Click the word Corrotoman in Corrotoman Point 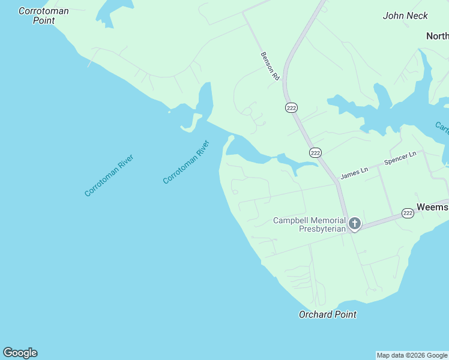point(43,11)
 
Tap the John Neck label point(405,16)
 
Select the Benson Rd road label point(270,66)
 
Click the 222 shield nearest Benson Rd point(291,107)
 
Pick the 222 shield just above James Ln point(315,152)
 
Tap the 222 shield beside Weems point(408,213)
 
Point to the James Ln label point(354,175)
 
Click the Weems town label point(432,207)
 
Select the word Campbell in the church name point(294,220)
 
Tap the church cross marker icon point(354,224)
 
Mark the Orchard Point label point(327,314)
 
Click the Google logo point(20,353)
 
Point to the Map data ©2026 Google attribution point(412,355)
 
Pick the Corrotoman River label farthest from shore point(109,175)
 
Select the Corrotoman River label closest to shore point(186,162)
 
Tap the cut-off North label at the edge point(437,36)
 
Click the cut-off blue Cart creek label point(442,127)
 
